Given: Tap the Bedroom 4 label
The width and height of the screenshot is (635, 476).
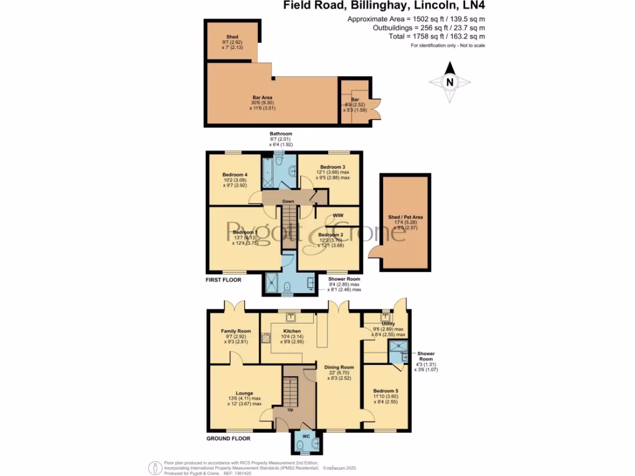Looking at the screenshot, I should [x=235, y=175].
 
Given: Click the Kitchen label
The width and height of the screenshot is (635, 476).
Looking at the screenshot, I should [x=291, y=332].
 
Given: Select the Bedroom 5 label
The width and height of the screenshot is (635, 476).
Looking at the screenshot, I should [x=386, y=392].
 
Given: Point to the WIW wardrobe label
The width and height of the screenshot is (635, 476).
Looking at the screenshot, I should [x=338, y=215].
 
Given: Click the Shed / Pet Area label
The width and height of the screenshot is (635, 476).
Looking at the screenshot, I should [x=406, y=218].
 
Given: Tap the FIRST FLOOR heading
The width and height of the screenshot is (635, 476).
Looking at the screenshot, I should [x=223, y=280].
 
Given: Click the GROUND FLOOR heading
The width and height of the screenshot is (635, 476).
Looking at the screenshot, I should [x=228, y=438].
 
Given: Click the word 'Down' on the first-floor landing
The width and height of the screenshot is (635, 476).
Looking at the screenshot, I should [x=288, y=201].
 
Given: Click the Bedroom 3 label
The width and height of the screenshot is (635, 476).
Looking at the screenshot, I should [x=333, y=167].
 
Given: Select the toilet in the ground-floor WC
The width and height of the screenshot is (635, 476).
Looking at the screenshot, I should [x=300, y=443].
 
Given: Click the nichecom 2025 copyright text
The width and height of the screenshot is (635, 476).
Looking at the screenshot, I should [x=341, y=465].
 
